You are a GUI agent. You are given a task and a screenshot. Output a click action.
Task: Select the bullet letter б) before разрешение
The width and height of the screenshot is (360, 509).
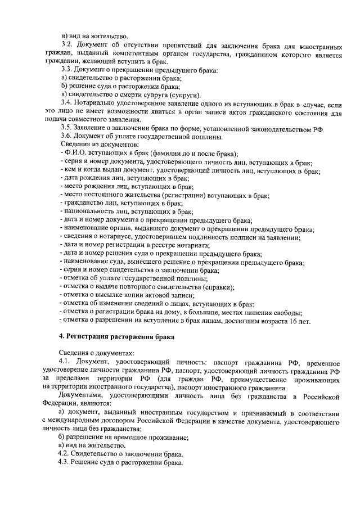[62, 437]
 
